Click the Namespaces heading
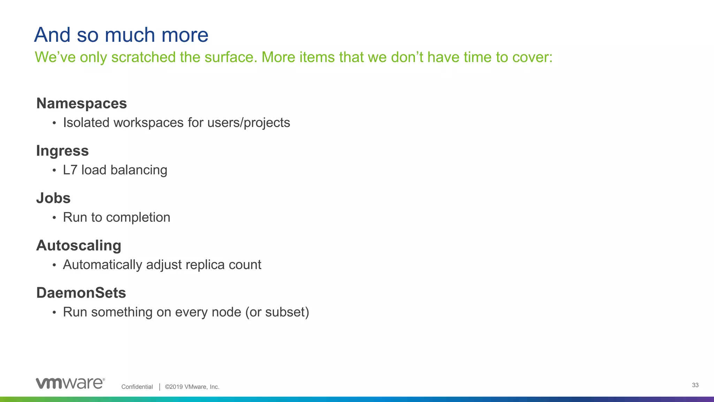82,104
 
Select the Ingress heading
62,151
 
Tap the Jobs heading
53,198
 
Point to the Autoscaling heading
79,246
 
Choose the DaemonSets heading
81,293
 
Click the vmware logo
70,383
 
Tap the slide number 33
695,385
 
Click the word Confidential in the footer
137,387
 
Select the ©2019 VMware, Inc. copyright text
192,387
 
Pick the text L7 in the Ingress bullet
70,170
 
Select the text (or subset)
277,312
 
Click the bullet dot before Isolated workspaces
54,123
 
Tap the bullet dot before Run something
54,313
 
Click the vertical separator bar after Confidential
159,387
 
